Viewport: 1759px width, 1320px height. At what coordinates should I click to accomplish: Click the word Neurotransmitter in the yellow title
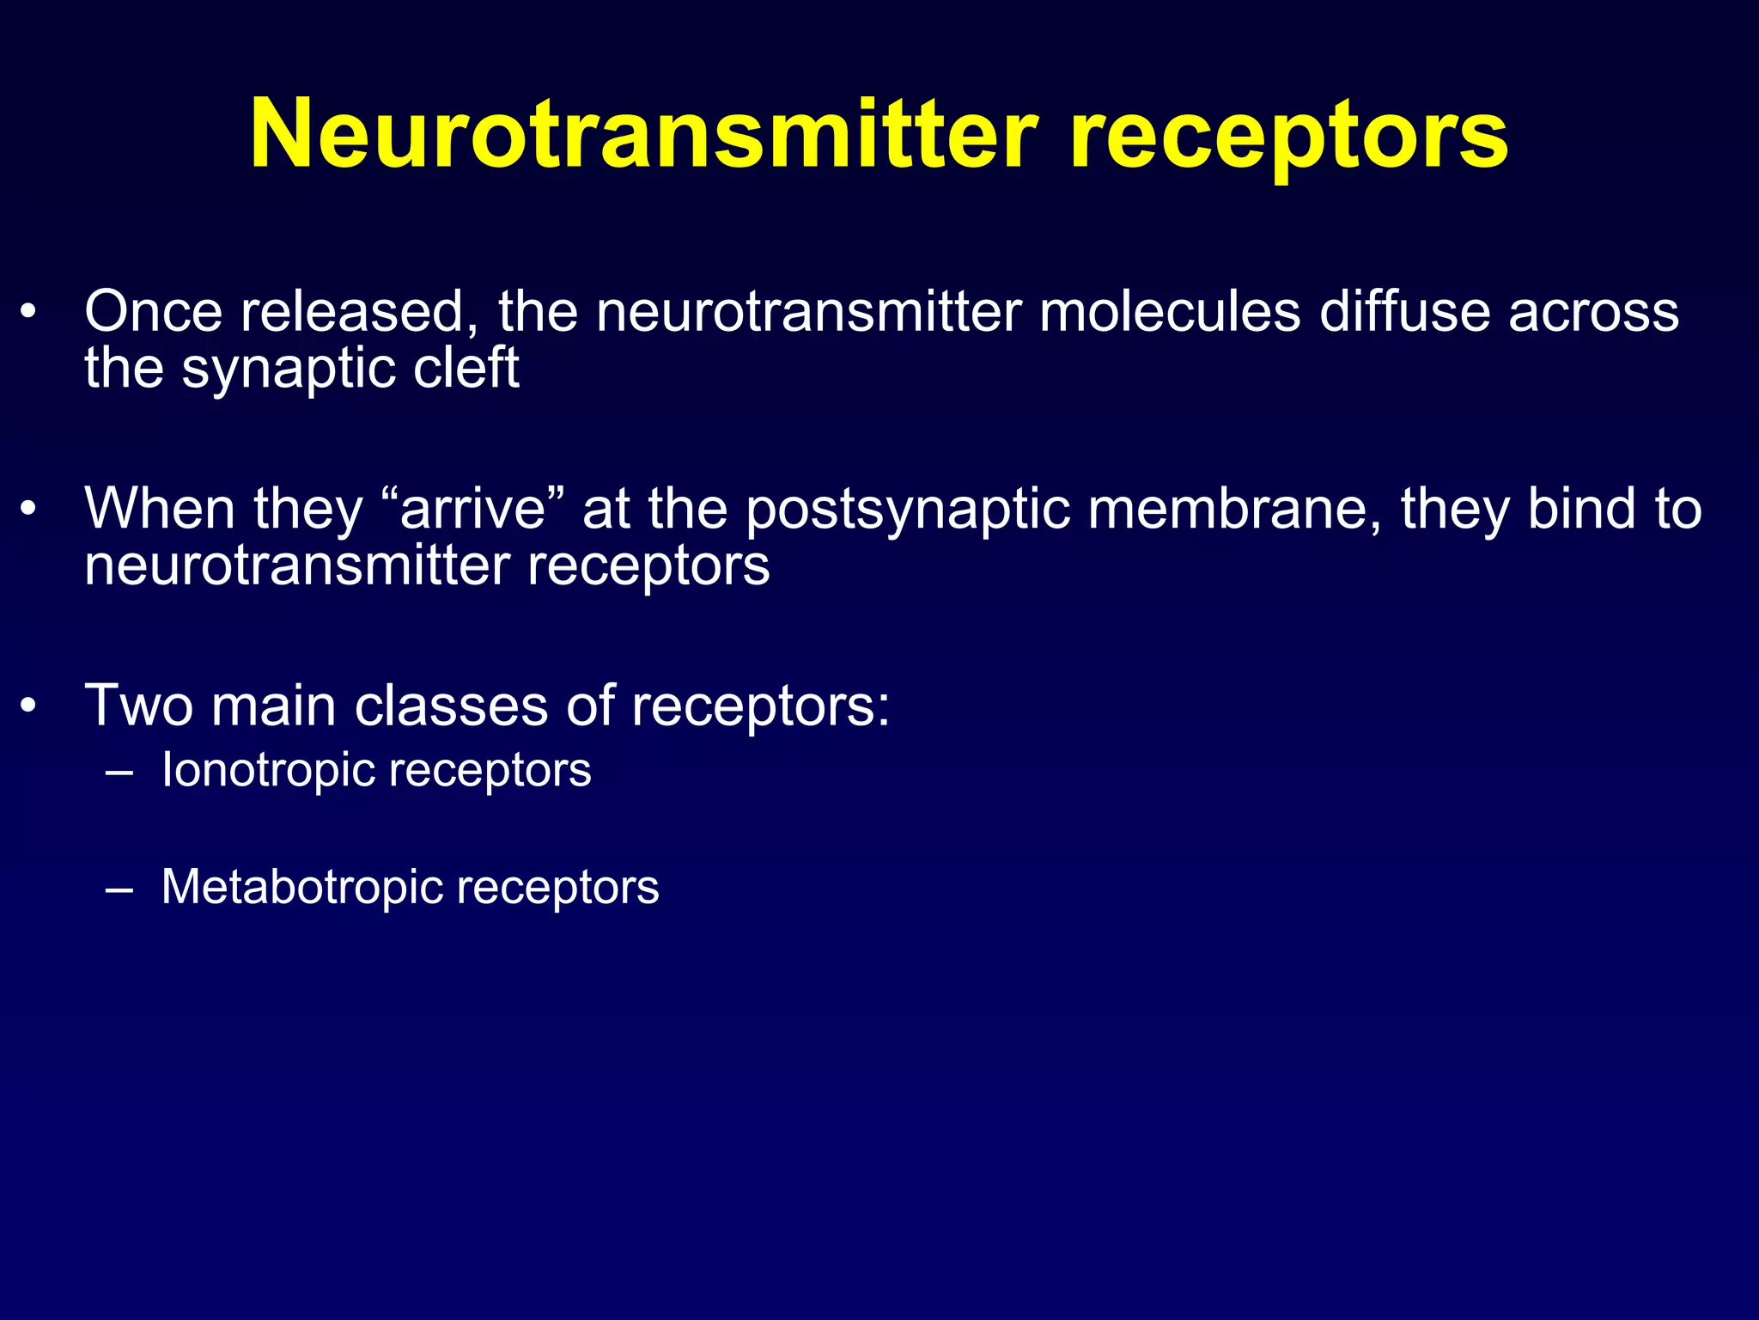[644, 135]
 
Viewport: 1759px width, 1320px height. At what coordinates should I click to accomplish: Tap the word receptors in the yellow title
[1288, 137]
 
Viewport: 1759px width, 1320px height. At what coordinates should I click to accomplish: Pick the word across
[1594, 313]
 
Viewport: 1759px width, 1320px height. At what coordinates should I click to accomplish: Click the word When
[160, 509]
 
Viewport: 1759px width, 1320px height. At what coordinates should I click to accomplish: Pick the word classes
[451, 706]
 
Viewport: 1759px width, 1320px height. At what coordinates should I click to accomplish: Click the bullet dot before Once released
[29, 313]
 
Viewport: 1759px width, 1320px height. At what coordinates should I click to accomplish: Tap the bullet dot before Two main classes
[29, 707]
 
